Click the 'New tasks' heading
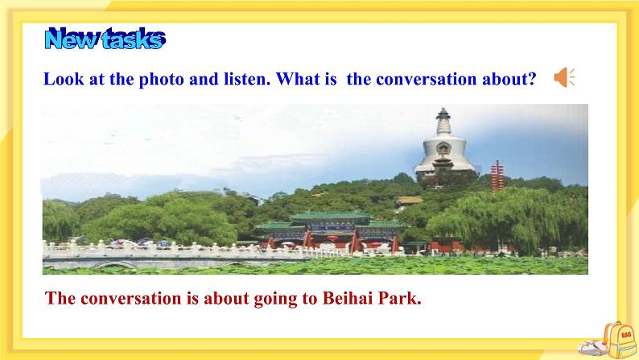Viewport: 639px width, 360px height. [105, 39]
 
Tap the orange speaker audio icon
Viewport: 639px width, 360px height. [564, 77]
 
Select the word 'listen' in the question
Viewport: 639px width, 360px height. [247, 79]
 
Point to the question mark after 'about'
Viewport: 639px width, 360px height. [531, 79]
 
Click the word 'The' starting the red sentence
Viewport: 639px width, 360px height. [60, 298]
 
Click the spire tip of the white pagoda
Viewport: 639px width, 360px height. [443, 109]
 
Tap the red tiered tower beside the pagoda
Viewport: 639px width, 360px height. [497, 176]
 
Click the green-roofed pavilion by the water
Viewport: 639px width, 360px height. [330, 230]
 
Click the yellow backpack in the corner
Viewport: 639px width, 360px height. [619, 340]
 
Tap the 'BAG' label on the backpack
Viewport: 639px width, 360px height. [626, 335]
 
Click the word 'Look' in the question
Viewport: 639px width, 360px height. [64, 79]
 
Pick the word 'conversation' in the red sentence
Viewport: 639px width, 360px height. [131, 298]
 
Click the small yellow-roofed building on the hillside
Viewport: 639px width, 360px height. [410, 201]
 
